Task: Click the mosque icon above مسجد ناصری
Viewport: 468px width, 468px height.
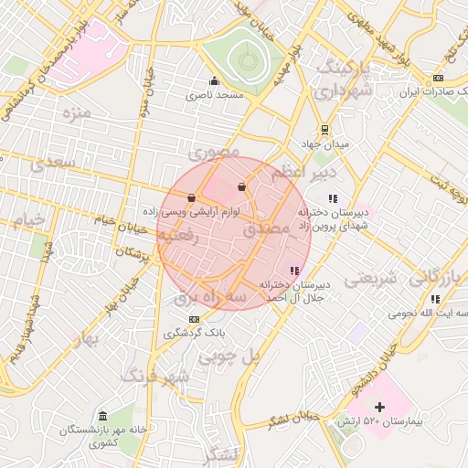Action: pos(215,80)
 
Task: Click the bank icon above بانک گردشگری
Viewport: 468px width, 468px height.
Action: pos(193,318)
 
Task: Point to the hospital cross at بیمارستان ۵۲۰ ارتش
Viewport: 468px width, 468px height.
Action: pos(380,406)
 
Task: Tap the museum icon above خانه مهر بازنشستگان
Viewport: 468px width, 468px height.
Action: pos(101,416)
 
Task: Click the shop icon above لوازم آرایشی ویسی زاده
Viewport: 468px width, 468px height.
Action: pos(191,197)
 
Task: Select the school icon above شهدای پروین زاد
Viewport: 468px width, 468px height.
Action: pos(333,197)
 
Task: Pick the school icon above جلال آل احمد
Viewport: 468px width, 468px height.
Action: pos(293,271)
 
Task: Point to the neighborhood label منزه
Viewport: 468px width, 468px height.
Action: pos(77,113)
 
